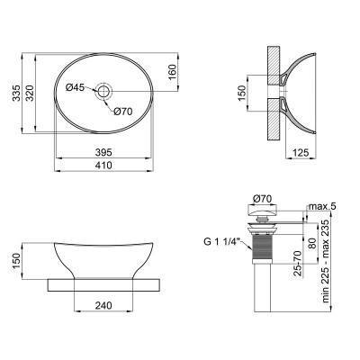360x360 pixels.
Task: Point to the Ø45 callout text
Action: (x=76, y=87)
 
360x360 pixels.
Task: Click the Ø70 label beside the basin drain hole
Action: (x=123, y=111)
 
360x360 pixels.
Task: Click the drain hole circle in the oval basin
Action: (x=104, y=90)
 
